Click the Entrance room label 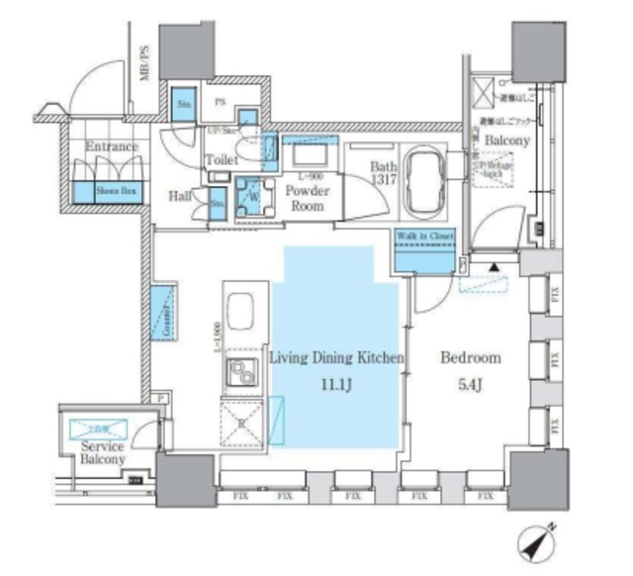[x=111, y=147]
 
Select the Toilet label [x=220, y=158]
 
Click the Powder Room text [x=306, y=198]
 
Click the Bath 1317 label [x=384, y=173]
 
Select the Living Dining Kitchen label [x=336, y=358]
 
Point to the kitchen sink [x=241, y=310]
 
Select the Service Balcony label [x=103, y=453]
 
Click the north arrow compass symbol [x=537, y=540]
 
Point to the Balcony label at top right [x=506, y=141]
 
